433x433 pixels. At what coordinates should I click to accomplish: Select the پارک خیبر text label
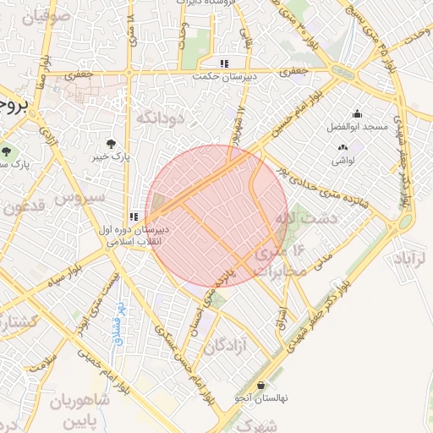click(x=111, y=157)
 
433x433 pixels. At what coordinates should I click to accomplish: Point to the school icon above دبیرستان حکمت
click(x=224, y=63)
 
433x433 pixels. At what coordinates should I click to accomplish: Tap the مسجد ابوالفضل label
click(x=357, y=128)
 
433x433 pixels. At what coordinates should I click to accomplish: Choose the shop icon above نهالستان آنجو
click(x=260, y=384)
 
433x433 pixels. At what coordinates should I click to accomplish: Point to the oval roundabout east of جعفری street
click(x=343, y=71)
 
